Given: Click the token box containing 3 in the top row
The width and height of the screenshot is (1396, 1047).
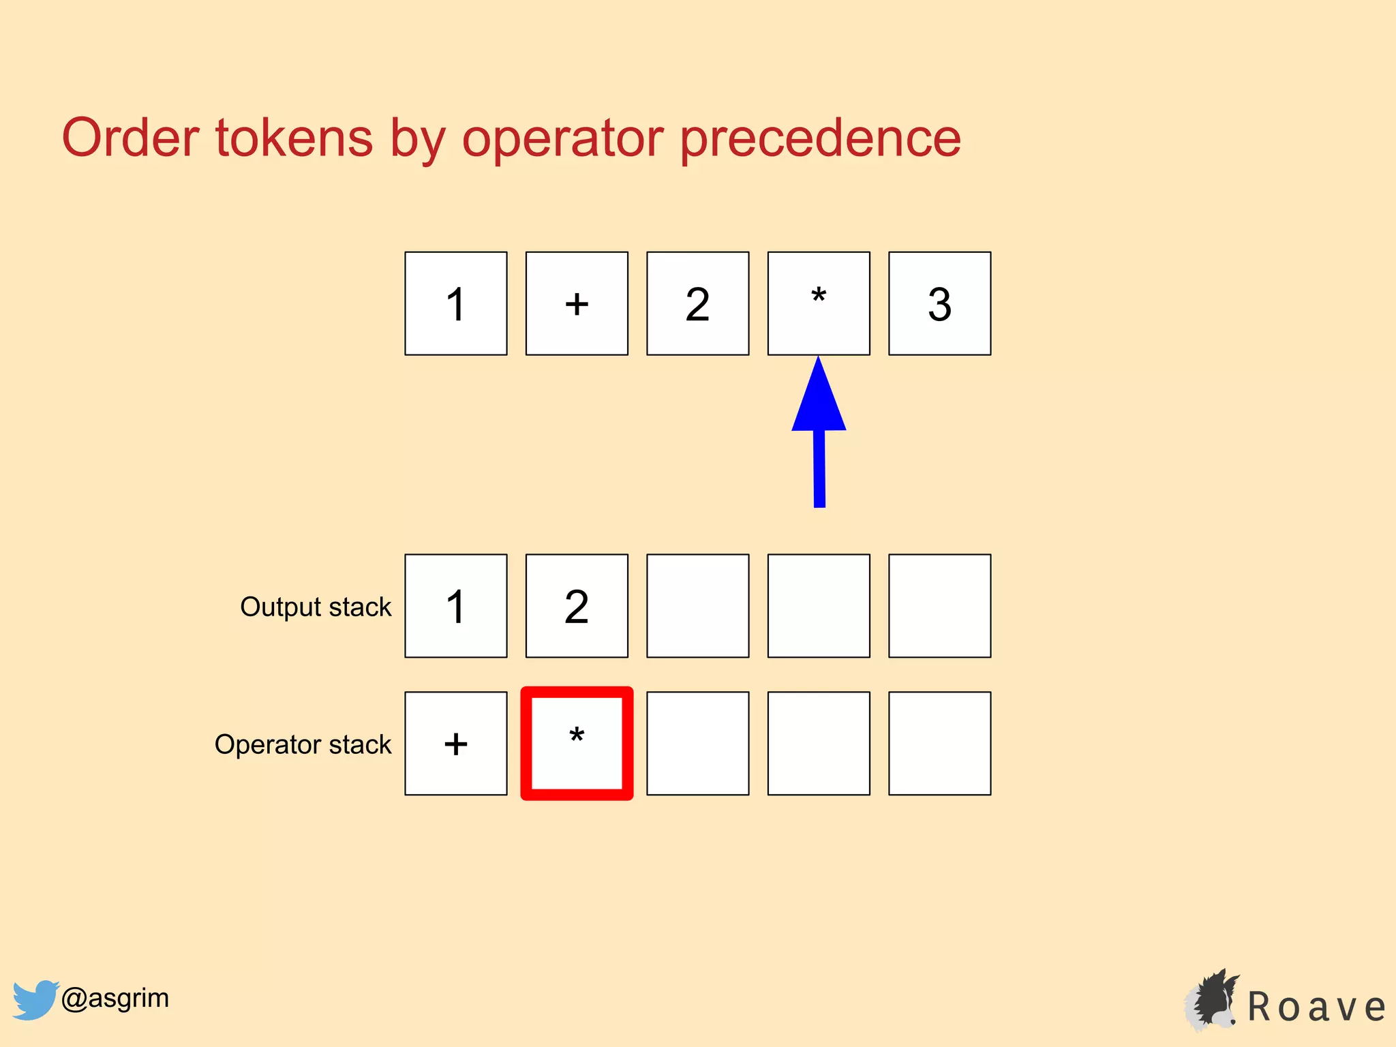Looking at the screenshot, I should click(x=939, y=303).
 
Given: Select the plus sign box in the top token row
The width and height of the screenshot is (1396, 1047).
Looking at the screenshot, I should click(x=577, y=303).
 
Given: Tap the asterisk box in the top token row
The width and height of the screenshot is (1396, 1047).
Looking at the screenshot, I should click(x=819, y=303).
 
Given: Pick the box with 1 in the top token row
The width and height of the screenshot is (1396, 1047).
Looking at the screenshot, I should click(x=456, y=303).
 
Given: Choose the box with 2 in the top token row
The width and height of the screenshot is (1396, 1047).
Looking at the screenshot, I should click(x=697, y=303).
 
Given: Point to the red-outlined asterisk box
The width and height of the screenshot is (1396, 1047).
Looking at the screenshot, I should click(x=577, y=743).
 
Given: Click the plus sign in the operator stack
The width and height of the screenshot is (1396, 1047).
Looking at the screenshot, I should click(x=456, y=743).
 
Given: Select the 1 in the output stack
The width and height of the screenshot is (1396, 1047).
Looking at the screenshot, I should click(x=456, y=606).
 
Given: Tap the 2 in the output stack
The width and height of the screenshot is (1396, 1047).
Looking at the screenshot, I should click(x=577, y=606).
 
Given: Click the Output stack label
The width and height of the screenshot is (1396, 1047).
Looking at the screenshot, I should click(x=316, y=607).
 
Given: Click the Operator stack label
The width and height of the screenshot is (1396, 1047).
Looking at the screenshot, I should click(x=303, y=744).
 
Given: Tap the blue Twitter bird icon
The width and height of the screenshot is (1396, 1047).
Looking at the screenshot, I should click(x=35, y=999).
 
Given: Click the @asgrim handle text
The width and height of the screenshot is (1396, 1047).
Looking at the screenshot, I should click(x=115, y=998).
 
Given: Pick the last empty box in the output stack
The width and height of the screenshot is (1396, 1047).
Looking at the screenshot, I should click(x=939, y=606).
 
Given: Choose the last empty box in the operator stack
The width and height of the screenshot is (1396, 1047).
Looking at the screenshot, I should click(x=939, y=743).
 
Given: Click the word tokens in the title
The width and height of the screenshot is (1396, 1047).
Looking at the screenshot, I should click(x=294, y=138).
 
